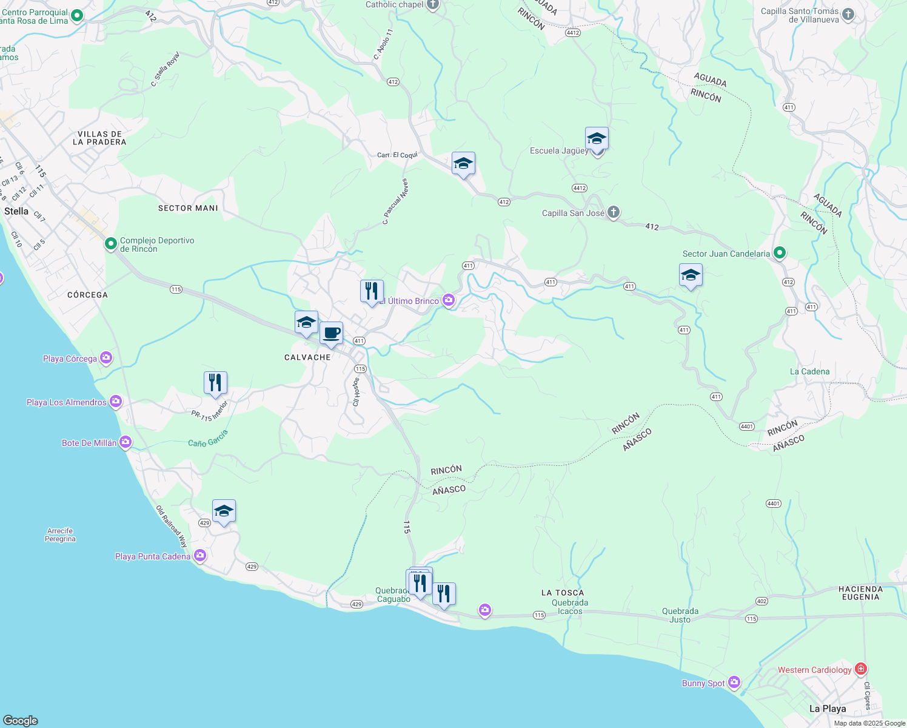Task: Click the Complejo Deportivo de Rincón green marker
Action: (110, 244)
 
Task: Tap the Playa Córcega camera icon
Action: (106, 358)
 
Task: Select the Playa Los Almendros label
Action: (67, 402)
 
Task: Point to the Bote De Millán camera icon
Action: (126, 442)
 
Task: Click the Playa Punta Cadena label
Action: (153, 556)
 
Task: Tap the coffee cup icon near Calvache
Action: (331, 333)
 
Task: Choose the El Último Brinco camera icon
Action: (449, 300)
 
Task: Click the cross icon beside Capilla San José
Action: (614, 212)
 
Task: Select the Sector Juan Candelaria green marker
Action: (780, 253)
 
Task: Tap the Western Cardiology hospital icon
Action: (860, 669)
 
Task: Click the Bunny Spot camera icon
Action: (734, 682)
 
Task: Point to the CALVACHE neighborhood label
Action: (307, 357)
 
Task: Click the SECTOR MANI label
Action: (188, 208)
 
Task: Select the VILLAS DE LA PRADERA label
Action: (99, 138)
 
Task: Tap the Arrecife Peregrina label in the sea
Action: (60, 534)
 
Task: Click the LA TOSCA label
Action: (563, 593)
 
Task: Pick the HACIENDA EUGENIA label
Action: (860, 593)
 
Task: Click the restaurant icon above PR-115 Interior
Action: (215, 383)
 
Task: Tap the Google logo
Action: (21, 720)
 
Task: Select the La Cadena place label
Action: (809, 371)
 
